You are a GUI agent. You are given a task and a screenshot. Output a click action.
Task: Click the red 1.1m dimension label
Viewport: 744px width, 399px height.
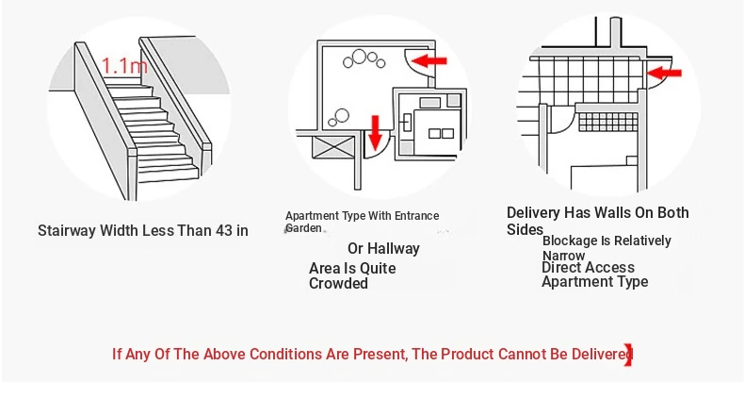pos(124,65)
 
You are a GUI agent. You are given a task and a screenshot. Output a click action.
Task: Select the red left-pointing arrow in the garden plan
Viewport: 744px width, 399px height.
pos(429,60)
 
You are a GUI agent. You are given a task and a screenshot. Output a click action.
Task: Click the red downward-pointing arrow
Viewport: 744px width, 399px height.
pos(376,132)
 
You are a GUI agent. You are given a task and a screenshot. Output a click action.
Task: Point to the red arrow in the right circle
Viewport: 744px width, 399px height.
pos(664,73)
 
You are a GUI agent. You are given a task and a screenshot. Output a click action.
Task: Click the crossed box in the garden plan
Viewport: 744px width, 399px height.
pos(334,147)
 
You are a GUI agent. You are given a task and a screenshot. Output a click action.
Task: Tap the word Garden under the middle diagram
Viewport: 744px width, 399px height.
pos(303,228)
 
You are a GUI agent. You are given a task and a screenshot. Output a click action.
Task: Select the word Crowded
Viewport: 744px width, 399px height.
pos(338,284)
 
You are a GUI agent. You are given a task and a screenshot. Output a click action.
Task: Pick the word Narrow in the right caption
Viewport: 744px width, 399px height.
pos(564,256)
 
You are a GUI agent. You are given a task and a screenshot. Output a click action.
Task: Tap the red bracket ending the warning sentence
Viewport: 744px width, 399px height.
pos(629,355)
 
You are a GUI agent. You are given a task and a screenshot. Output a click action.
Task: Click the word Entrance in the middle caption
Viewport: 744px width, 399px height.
pos(417,216)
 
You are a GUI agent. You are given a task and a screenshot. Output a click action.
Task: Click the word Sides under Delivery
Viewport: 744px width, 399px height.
pos(525,229)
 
